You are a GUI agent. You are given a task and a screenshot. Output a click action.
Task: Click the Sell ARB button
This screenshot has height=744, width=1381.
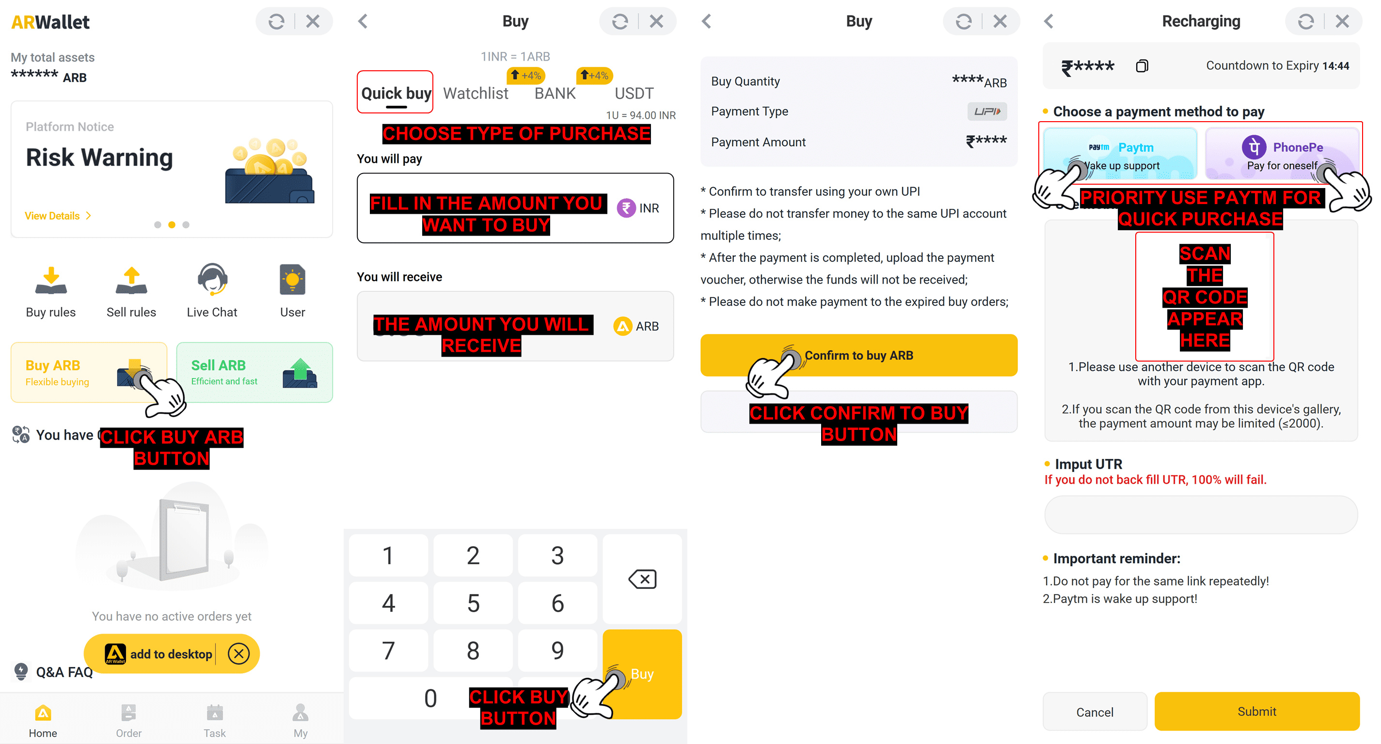pyautogui.click(x=254, y=373)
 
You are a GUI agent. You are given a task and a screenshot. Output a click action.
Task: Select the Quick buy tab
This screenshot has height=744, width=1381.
pyautogui.click(x=396, y=93)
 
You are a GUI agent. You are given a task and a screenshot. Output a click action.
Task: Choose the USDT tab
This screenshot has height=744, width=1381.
pyautogui.click(x=634, y=93)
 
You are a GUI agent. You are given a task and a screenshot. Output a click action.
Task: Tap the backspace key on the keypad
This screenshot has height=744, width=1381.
pyautogui.click(x=642, y=579)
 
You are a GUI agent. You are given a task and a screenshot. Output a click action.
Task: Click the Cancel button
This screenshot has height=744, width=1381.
pyautogui.click(x=1095, y=712)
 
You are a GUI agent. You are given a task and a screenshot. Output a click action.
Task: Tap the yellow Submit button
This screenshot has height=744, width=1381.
pyautogui.click(x=1256, y=712)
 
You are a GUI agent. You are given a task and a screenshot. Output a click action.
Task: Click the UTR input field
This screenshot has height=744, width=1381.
pyautogui.click(x=1201, y=515)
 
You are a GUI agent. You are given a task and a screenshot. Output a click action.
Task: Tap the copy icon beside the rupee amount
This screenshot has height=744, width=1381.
pyautogui.click(x=1142, y=66)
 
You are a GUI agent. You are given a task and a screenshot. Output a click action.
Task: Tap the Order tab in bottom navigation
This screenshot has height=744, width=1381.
pyautogui.click(x=128, y=720)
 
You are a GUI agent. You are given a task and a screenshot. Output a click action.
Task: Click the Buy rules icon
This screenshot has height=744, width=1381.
pyautogui.click(x=51, y=282)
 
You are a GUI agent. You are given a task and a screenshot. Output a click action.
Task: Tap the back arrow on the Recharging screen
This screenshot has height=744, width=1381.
pyautogui.click(x=1049, y=21)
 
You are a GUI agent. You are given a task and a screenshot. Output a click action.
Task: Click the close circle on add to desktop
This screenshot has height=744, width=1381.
pyautogui.click(x=238, y=653)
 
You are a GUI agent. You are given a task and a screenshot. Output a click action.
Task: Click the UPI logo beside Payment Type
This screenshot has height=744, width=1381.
pyautogui.click(x=987, y=111)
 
